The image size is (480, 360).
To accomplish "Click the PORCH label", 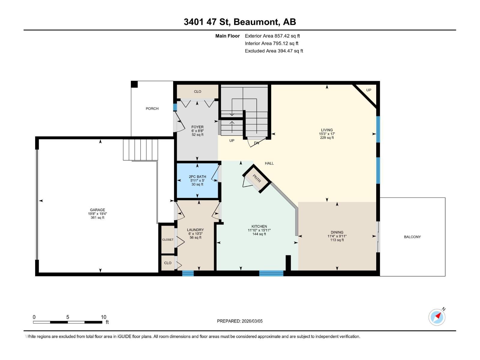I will click(x=152, y=109).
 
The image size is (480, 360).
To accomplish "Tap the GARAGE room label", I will click(x=97, y=210).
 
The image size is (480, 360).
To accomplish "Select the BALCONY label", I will click(x=412, y=237).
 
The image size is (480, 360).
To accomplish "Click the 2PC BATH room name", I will click(x=197, y=177).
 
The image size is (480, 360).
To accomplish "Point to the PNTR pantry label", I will click(x=257, y=179).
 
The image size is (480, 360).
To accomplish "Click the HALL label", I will click(x=269, y=163).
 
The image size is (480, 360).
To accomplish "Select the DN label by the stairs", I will click(x=256, y=143).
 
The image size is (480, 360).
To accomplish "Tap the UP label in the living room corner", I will click(x=369, y=90).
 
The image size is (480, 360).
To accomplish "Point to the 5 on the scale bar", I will click(x=68, y=317).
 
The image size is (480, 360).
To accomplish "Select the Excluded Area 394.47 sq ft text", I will click(x=274, y=51).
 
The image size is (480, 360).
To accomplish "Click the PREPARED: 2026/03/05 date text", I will click(x=240, y=321).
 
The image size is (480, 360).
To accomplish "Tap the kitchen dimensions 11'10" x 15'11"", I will click(x=259, y=230).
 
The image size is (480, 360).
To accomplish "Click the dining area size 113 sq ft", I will click(x=337, y=240).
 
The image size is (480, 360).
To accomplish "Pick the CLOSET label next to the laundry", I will click(x=168, y=240).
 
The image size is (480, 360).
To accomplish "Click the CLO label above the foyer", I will click(x=197, y=91).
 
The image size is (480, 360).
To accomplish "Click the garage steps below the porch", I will click(x=140, y=149).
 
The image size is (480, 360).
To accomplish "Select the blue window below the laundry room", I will click(x=188, y=273).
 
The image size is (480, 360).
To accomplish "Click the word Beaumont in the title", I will click(x=256, y=22).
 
